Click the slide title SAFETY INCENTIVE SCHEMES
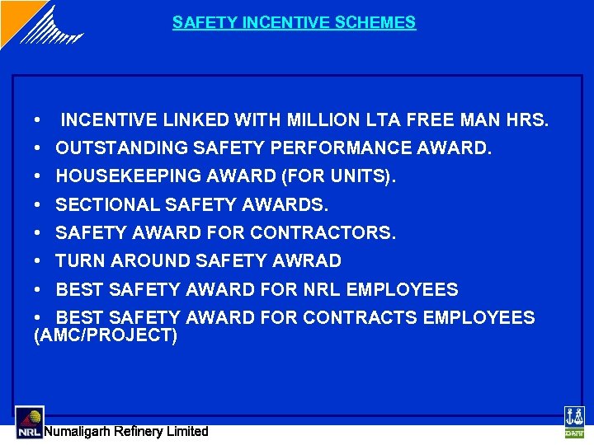(x=294, y=22)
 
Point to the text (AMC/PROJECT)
(x=106, y=336)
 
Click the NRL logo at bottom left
(x=29, y=423)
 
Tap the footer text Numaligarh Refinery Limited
(x=126, y=431)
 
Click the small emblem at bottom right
(x=573, y=422)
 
